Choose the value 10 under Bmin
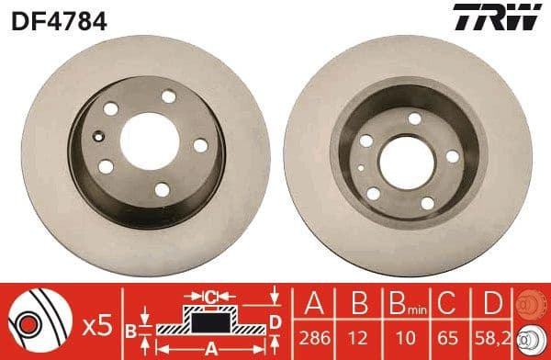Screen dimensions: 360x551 click(406, 337)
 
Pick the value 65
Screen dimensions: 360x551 click(451, 337)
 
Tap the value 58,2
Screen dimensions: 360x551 click(494, 337)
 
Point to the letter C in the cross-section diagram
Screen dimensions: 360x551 click(210, 297)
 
